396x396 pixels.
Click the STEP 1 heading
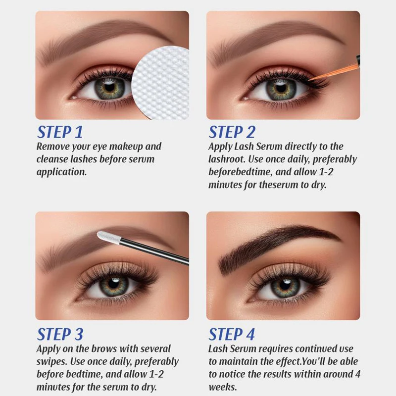[60, 132]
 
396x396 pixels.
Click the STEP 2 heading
[232, 132]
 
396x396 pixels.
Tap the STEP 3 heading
[60, 334]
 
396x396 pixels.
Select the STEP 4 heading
[232, 334]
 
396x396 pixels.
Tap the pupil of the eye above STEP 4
[285, 285]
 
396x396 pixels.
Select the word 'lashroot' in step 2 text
[227, 159]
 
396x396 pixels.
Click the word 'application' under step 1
[61, 172]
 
